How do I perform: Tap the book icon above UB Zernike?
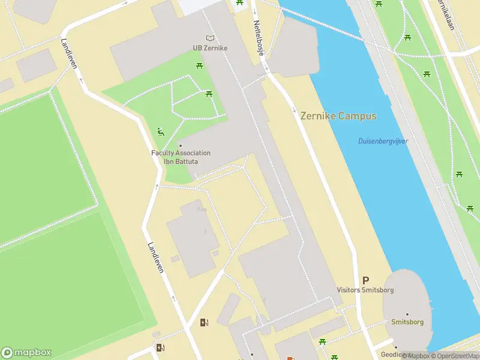209,38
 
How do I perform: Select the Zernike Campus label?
338,116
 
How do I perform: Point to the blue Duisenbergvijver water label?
383,141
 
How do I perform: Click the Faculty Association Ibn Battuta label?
181,157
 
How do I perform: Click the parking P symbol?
365,280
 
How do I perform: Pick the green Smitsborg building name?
407,322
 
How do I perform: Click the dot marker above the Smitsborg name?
407,314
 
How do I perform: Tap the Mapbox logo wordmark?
27,353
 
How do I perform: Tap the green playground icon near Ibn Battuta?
160,131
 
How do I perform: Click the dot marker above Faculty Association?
180,145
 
